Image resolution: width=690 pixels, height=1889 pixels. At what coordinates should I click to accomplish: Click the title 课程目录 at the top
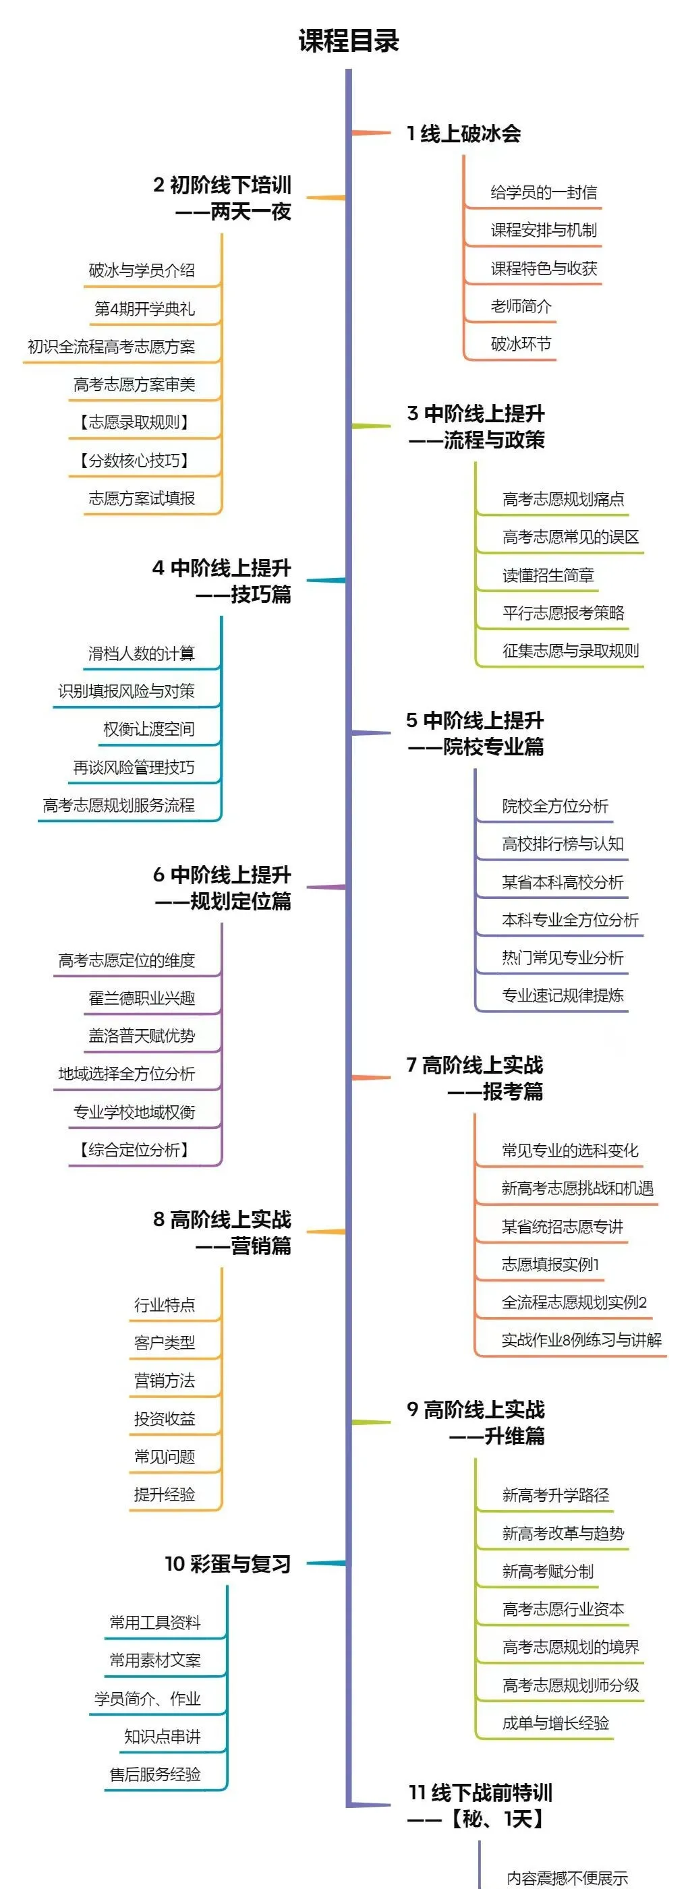click(348, 41)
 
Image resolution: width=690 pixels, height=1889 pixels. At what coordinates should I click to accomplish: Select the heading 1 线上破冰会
click(463, 134)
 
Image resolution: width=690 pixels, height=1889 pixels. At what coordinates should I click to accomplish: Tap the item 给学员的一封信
click(544, 192)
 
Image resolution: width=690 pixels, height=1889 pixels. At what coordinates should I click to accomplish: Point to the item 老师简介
click(521, 306)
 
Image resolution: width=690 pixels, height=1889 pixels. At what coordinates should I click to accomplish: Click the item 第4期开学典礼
click(144, 308)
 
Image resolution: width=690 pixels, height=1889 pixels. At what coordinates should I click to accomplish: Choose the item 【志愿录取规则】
click(134, 422)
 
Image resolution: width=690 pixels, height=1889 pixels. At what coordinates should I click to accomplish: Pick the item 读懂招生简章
click(548, 575)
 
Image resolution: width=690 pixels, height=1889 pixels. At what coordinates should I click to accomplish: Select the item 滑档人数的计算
click(142, 653)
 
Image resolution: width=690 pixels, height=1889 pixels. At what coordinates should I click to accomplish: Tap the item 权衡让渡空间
click(149, 729)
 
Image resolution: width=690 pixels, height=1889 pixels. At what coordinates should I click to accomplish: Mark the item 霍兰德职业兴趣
click(142, 997)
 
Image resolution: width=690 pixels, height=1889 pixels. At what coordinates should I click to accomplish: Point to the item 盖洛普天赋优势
click(142, 1035)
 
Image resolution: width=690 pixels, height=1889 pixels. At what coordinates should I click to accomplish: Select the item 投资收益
click(165, 1418)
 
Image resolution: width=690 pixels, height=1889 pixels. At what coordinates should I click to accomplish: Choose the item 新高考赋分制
click(548, 1571)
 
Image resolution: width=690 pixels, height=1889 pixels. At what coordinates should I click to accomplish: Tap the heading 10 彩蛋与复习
click(227, 1563)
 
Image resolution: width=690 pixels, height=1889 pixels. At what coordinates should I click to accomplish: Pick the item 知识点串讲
click(162, 1736)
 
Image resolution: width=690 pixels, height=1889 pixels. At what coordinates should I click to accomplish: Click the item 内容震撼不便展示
click(567, 1878)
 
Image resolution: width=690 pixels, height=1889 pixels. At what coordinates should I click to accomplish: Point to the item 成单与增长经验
click(555, 1722)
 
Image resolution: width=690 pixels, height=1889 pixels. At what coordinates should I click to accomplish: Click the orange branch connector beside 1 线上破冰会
click(371, 133)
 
